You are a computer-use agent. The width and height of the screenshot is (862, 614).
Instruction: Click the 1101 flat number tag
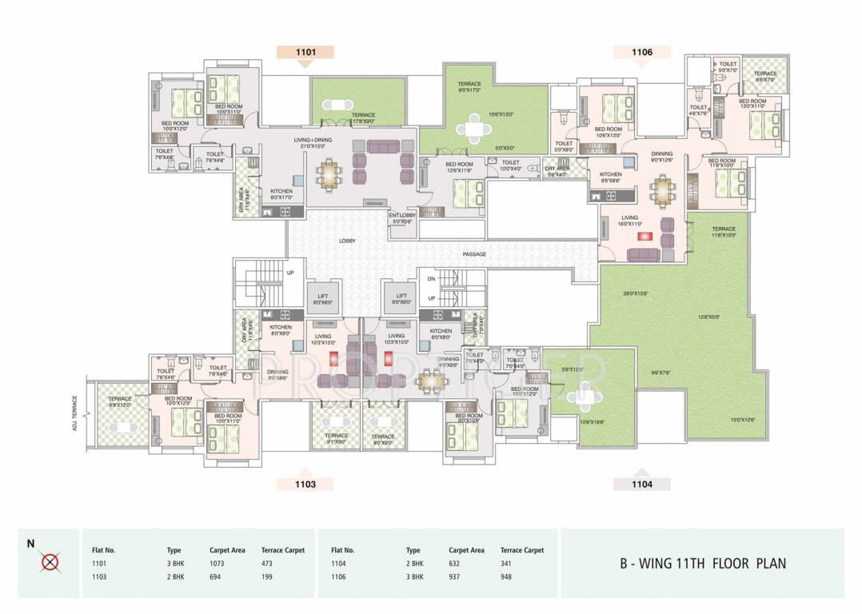pos(305,53)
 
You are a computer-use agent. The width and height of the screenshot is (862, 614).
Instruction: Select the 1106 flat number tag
pos(641,53)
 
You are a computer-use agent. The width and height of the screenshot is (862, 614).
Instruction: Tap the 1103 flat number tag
pos(305,484)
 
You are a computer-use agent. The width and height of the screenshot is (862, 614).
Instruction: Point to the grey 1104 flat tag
pos(641,484)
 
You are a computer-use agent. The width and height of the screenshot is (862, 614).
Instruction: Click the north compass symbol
pos(50,563)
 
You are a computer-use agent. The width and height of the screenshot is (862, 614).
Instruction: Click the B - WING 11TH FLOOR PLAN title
pos(702,564)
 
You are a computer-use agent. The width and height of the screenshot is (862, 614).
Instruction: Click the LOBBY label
pos(347,240)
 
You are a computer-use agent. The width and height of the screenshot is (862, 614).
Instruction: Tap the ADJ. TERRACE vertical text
pos(74,413)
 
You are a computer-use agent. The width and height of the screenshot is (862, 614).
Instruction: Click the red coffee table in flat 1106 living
pos(641,236)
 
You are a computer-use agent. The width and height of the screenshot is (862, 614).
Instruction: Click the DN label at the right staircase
pos(431,278)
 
